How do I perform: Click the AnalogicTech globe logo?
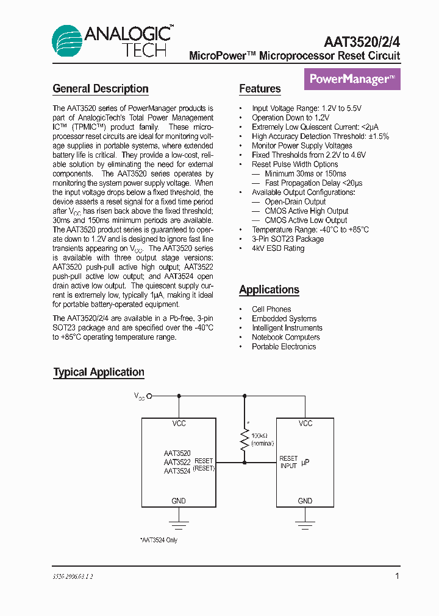(68, 42)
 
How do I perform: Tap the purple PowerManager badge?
(352, 79)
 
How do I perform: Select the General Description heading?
(101, 89)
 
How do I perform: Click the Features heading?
(260, 89)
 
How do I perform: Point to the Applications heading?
(269, 290)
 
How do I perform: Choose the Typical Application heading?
(99, 372)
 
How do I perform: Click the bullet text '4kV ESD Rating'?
(278, 248)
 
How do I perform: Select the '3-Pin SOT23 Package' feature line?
(288, 239)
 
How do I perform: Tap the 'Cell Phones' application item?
(271, 309)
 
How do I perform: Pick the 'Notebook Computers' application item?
(286, 337)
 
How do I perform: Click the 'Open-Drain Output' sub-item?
(295, 201)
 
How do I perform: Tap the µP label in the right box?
(305, 463)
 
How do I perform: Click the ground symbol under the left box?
(179, 525)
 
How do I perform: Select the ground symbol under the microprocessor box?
(305, 525)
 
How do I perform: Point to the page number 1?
(398, 576)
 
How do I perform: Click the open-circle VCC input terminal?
(149, 396)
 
